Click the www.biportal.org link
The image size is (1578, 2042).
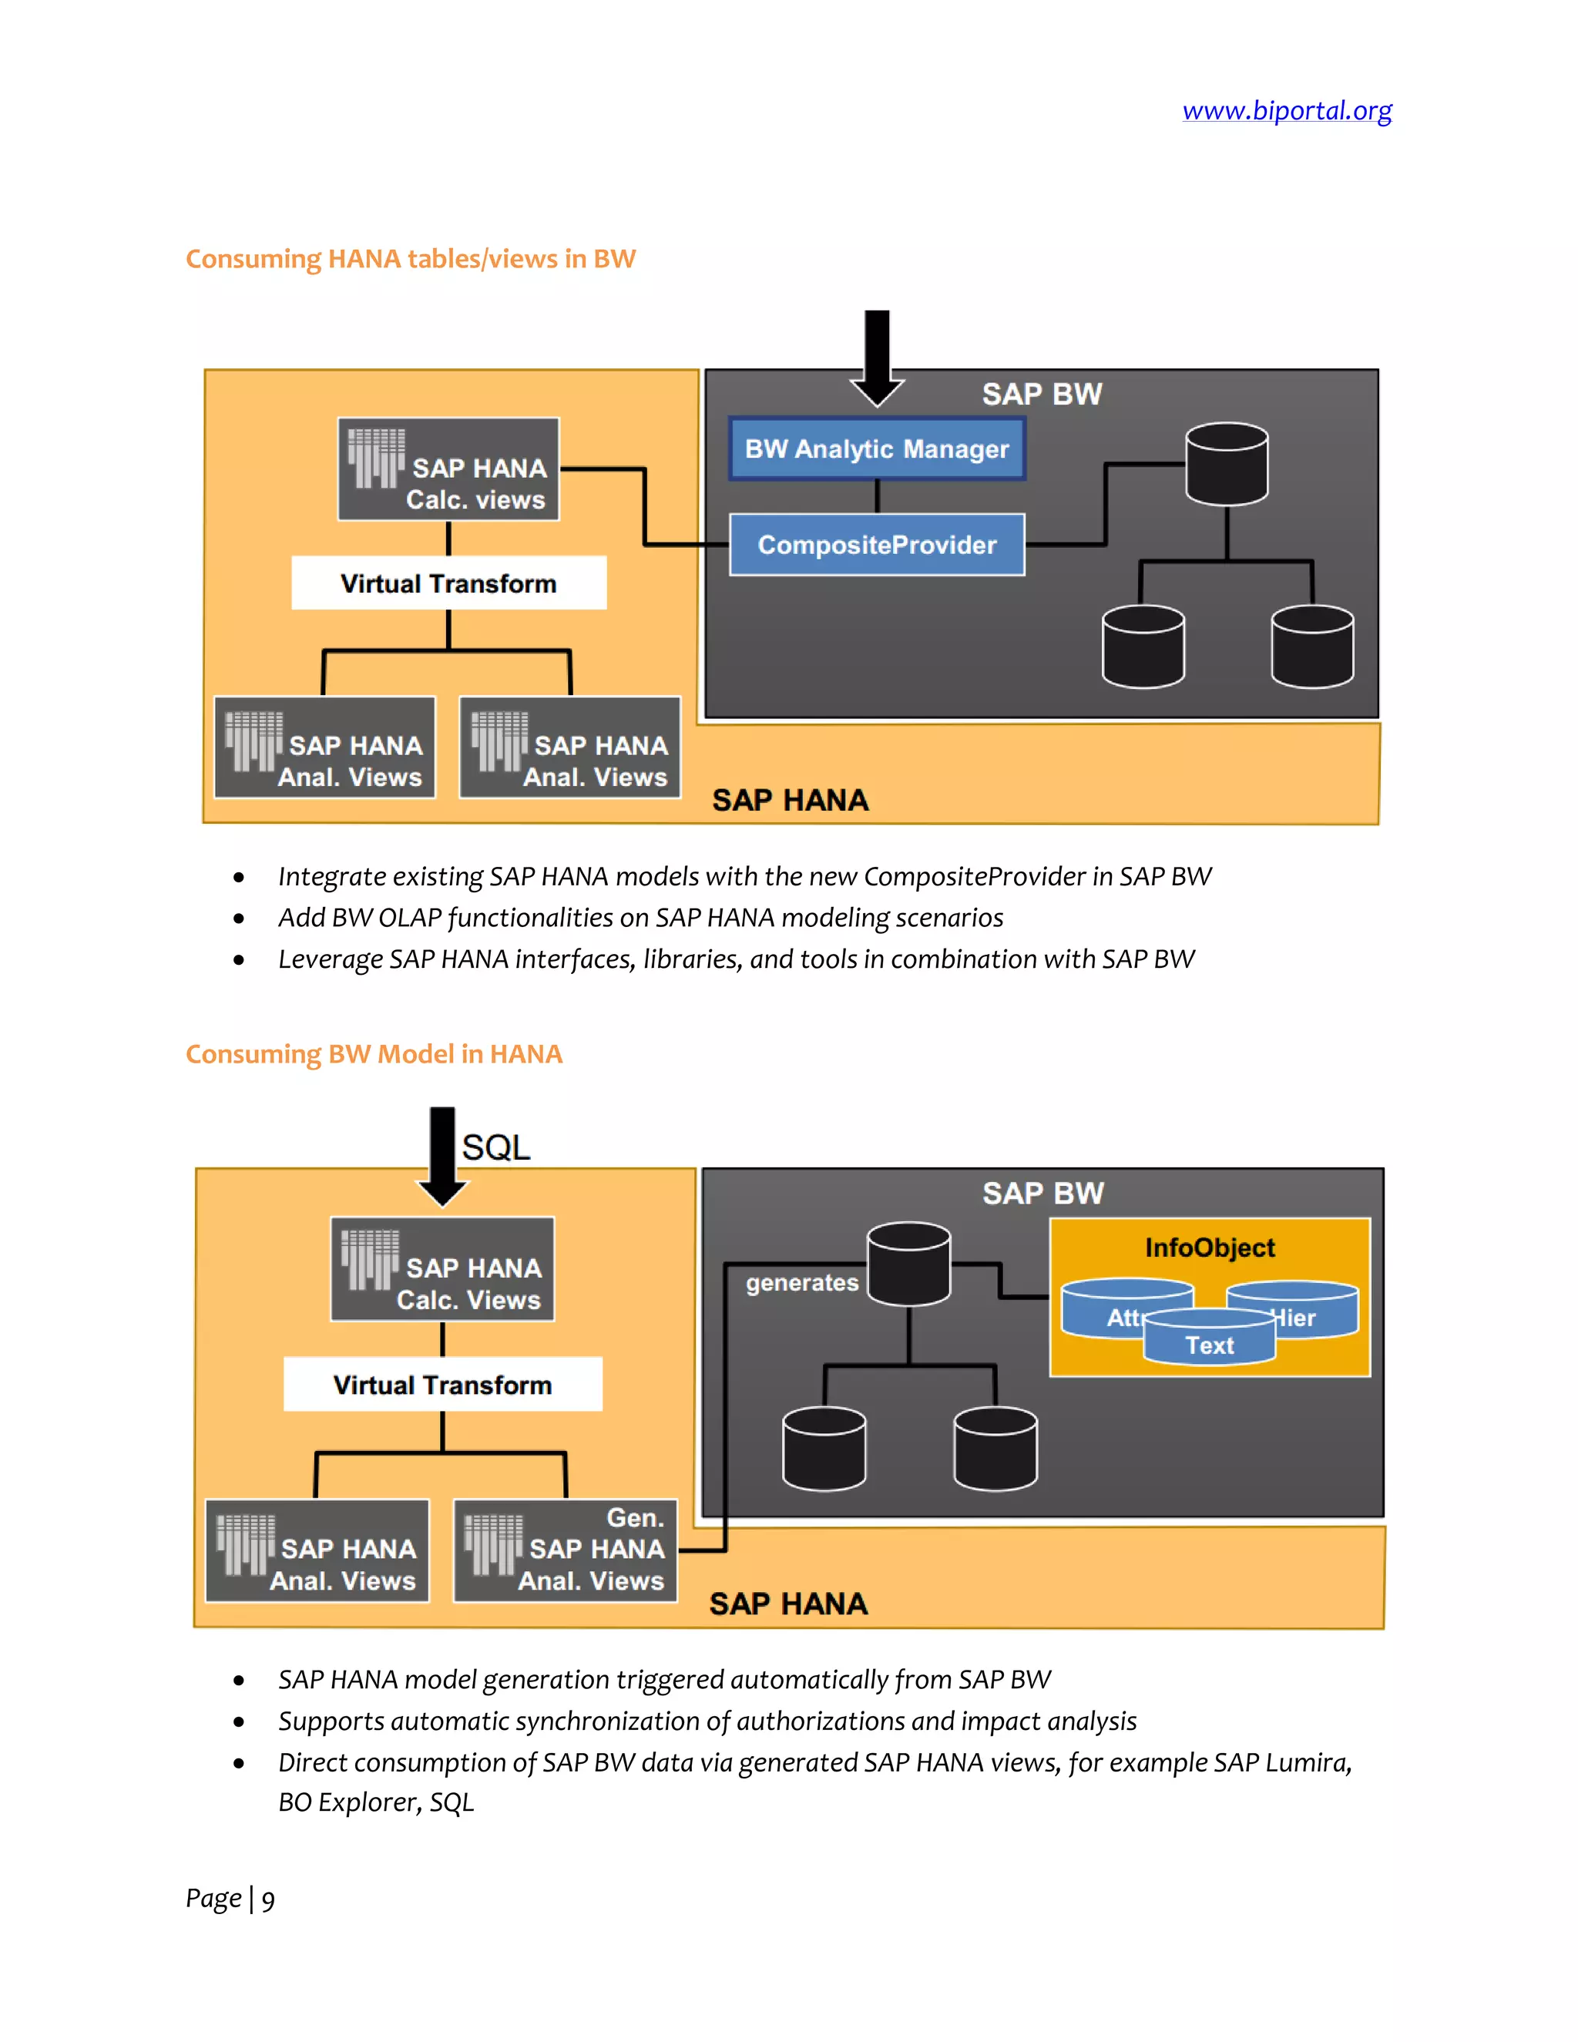click(1286, 110)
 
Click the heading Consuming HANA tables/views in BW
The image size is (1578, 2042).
click(411, 259)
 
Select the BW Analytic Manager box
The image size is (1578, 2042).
click(877, 448)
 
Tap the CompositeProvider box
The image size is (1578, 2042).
click(877, 544)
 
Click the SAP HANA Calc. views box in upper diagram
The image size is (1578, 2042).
click(448, 469)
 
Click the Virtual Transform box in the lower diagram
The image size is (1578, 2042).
click(443, 1385)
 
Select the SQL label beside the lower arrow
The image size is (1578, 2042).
click(495, 1147)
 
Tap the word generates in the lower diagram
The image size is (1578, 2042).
click(802, 1283)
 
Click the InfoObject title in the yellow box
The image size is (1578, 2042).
click(1210, 1248)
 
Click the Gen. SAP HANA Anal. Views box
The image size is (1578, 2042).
click(566, 1550)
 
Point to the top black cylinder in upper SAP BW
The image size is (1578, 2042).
click(1227, 464)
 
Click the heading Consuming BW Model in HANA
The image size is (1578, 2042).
click(374, 1055)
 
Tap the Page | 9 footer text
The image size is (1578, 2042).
click(230, 1899)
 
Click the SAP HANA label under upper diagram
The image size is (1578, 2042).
click(790, 801)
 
